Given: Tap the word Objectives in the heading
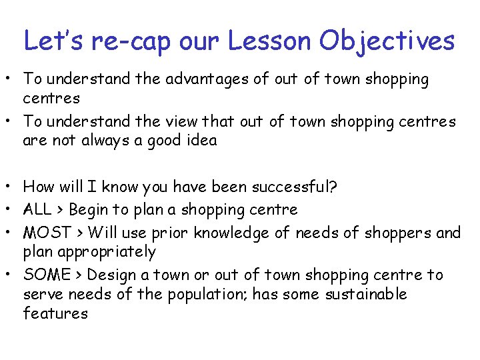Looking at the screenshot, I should [387, 41].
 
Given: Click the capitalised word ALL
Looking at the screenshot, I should [39, 210].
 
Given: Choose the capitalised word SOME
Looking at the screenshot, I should [47, 275].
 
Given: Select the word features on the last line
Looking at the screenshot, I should [55, 313].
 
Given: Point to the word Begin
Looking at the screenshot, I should [89, 210].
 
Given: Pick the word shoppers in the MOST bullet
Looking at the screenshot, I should [379, 233].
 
